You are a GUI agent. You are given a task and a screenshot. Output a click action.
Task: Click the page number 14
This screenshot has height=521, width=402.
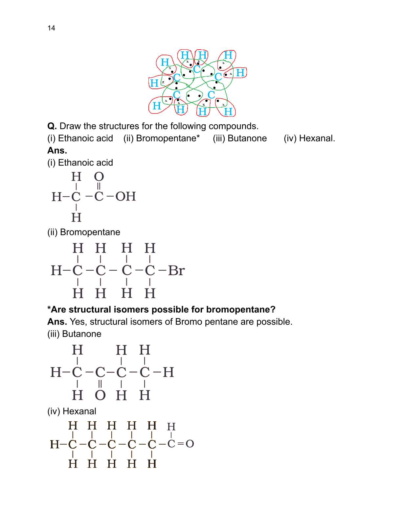click(51, 28)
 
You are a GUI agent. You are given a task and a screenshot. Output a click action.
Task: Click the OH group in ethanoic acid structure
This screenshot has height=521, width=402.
click(125, 196)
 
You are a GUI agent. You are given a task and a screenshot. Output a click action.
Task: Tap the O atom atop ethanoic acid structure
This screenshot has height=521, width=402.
click(99, 177)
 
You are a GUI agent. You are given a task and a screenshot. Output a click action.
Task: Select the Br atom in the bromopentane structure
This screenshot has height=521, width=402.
click(176, 271)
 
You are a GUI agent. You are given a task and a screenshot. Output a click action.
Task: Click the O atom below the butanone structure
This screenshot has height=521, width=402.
click(100, 395)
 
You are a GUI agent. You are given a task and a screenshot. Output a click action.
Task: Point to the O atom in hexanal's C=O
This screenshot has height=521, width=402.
click(190, 444)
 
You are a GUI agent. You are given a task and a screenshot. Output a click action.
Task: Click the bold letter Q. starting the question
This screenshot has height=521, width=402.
click(52, 126)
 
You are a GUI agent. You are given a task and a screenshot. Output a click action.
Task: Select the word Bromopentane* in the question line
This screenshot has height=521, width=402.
click(167, 138)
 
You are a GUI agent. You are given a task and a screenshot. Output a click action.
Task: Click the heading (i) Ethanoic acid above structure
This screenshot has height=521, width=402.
click(80, 163)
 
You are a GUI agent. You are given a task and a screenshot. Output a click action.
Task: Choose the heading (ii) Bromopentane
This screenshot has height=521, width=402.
click(84, 232)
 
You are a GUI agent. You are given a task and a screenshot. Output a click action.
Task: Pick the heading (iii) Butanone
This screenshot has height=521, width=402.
click(74, 334)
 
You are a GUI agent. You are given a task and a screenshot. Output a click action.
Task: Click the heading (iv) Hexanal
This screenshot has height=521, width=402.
click(72, 411)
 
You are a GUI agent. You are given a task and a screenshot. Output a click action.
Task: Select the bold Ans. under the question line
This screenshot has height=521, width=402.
click(57, 151)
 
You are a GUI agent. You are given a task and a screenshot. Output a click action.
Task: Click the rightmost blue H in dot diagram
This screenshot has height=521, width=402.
click(240, 72)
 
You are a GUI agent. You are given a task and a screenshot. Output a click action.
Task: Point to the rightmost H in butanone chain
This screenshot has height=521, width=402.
click(168, 372)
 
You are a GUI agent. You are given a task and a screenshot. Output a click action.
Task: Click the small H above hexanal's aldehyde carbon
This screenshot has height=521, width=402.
click(171, 427)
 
